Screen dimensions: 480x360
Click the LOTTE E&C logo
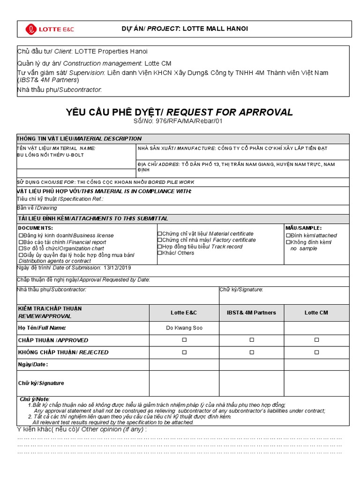pyautogui.click(x=50, y=30)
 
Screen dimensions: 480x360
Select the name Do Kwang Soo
pyautogui.click(x=184, y=328)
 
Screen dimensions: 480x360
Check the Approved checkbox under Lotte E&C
pyautogui.click(x=184, y=340)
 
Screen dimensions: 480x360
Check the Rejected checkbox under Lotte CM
pyautogui.click(x=316, y=352)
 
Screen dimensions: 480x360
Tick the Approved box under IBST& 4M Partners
pyautogui.click(x=252, y=340)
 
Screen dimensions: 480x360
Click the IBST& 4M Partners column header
pyautogui.click(x=252, y=313)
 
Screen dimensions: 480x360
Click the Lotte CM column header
pyautogui.click(x=316, y=313)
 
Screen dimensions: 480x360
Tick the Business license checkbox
pyautogui.click(x=20, y=235)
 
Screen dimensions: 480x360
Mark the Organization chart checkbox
pyautogui.click(x=20, y=248)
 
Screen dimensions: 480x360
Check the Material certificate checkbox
pyautogui.click(x=159, y=233)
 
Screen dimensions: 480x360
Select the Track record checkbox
pyautogui.click(x=159, y=247)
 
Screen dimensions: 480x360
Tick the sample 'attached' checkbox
pyautogui.click(x=288, y=235)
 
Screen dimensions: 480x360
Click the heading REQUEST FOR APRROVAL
pyautogui.click(x=230, y=112)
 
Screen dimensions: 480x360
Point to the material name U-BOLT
pyautogui.click(x=75, y=155)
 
